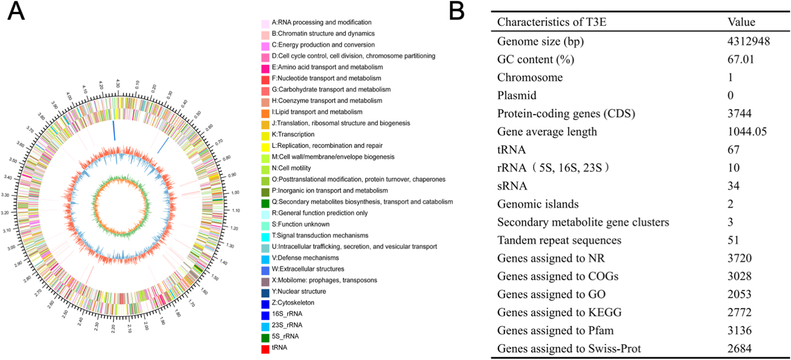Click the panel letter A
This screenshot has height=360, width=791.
click(x=16, y=11)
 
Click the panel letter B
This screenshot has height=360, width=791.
click(x=456, y=11)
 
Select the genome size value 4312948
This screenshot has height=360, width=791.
click(x=748, y=42)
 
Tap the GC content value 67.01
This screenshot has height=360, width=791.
click(x=741, y=59)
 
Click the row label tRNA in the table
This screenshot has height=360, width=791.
click(x=511, y=150)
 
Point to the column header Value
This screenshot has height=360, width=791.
click(x=741, y=22)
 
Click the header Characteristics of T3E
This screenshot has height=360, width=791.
click(x=551, y=22)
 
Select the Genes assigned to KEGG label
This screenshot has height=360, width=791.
click(x=559, y=312)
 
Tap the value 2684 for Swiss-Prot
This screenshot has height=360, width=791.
click(x=739, y=348)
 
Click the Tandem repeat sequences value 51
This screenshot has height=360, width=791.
click(x=733, y=240)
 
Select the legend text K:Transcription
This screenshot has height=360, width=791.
click(x=293, y=134)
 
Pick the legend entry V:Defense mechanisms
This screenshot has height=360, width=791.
click(x=305, y=258)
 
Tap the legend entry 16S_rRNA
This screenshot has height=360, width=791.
click(x=287, y=314)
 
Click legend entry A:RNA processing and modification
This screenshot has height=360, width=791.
click(x=321, y=22)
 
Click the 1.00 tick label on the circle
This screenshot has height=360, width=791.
click(x=235, y=193)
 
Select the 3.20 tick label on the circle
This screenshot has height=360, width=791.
click(x=5, y=213)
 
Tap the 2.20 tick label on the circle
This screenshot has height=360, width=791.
click(x=112, y=328)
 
